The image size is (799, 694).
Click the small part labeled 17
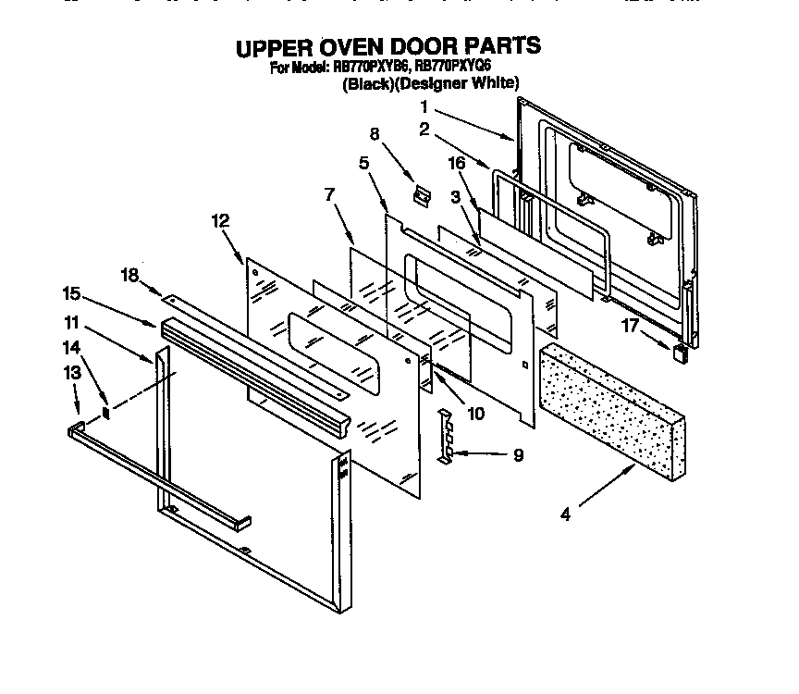coord(682,353)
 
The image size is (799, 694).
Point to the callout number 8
coord(374,132)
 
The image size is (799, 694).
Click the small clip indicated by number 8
coord(424,195)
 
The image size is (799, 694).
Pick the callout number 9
coord(518,454)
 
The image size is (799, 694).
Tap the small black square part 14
coord(106,411)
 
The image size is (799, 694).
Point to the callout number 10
coord(475,414)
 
